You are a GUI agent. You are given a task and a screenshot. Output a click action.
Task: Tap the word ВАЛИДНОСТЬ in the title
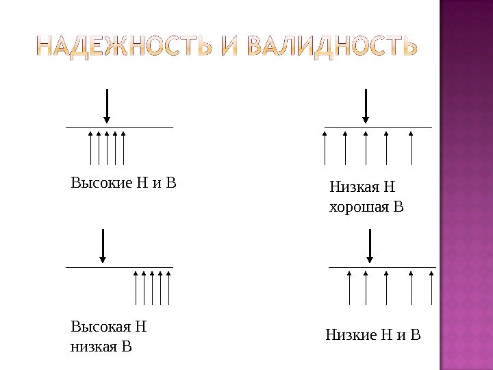[x=323, y=49]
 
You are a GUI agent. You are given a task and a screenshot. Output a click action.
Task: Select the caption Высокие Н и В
[x=124, y=183]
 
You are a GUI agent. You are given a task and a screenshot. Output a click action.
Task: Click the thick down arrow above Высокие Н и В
[x=107, y=106]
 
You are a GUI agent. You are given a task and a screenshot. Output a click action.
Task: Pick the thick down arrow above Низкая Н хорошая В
[x=366, y=106]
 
